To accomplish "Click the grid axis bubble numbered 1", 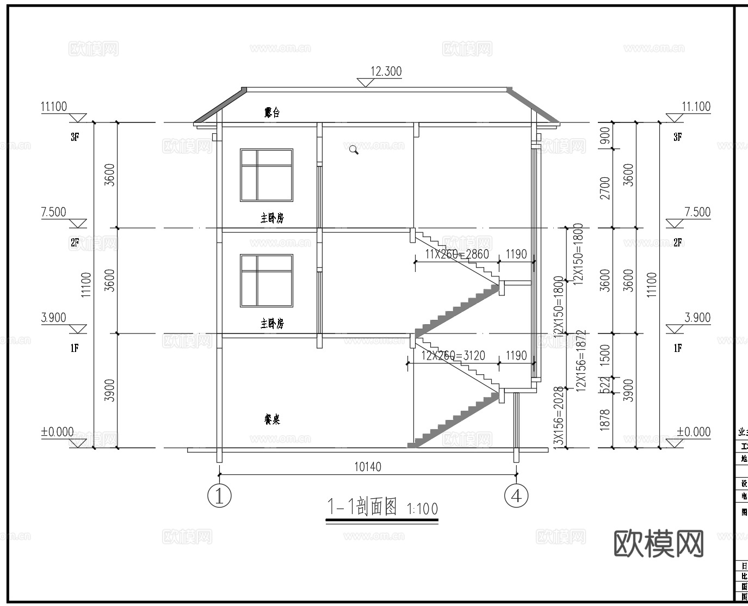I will point(220,496).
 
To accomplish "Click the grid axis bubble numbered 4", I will point(516,496).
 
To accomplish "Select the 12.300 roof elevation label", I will point(386,71).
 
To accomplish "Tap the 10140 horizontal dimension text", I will point(368,467).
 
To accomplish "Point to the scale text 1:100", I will point(422,509).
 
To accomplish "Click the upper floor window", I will point(267,175).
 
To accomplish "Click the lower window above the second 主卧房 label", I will point(267,280).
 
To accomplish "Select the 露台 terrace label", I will point(272,113).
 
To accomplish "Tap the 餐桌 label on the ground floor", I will point(272,419).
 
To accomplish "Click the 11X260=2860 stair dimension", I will point(457,254).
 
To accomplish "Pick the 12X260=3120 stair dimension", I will point(453,356).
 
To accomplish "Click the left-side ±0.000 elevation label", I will point(57,432).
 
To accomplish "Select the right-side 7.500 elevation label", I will point(697,212).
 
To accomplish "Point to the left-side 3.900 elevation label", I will point(53,318).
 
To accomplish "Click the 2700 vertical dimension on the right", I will point(604,188).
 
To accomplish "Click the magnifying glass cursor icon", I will point(354,150).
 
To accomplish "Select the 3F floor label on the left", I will point(75,137).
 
